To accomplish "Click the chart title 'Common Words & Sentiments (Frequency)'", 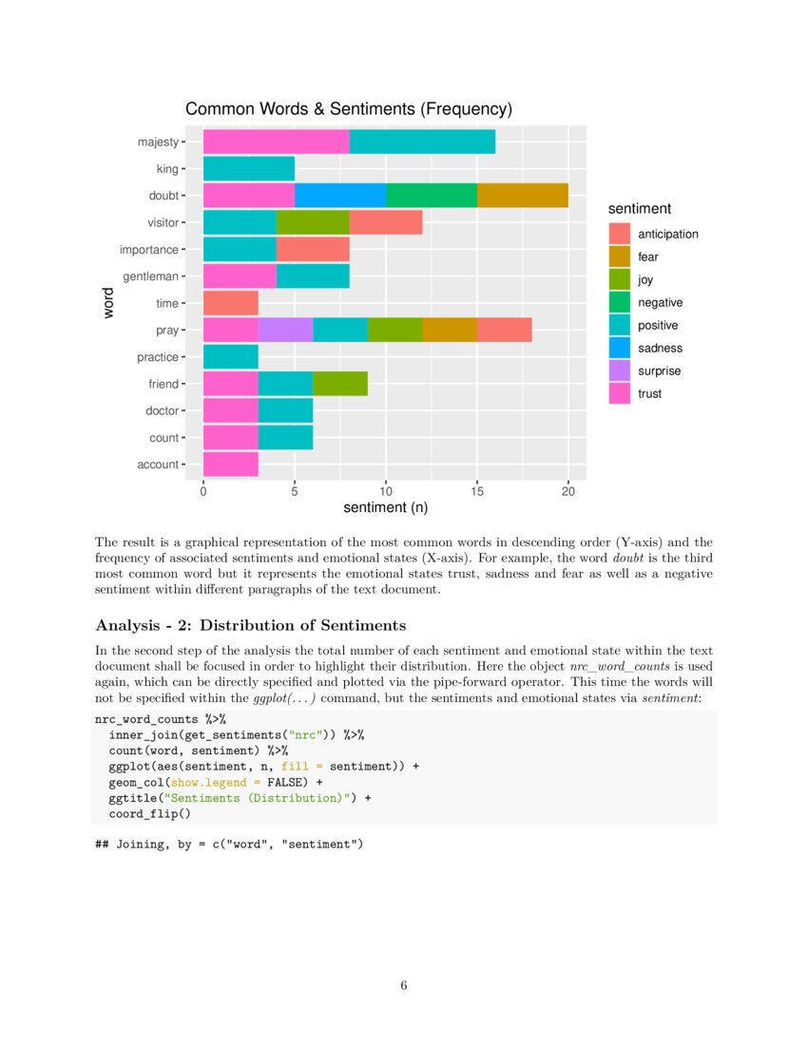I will (349, 109).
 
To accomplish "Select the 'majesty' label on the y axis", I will (157, 142).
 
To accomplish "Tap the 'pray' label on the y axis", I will (167, 331).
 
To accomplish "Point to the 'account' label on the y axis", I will (158, 465).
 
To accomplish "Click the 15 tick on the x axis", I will (477, 490).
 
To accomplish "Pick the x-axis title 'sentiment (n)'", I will (385, 508).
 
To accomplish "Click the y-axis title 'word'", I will (108, 303).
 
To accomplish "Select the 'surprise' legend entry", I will (659, 370).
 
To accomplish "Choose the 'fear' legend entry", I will (647, 256).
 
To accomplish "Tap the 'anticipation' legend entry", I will (667, 234).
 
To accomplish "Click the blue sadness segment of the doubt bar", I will (339, 196).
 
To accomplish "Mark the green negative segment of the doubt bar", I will (431, 196).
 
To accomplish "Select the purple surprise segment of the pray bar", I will (285, 331).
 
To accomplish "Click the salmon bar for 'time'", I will (230, 304).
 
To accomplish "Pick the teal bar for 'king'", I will (248, 169).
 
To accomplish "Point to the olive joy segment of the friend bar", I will (339, 384).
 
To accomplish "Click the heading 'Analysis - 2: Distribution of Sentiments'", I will (251, 625).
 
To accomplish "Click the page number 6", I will (404, 985).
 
